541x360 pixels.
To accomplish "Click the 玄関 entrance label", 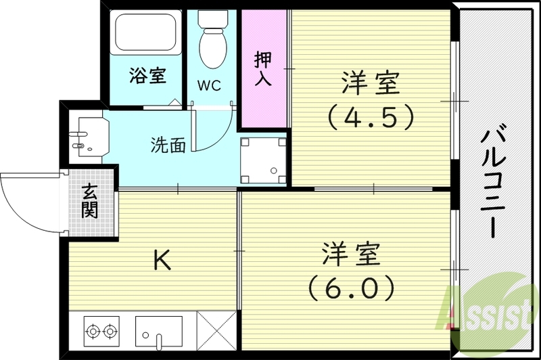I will click(91, 201).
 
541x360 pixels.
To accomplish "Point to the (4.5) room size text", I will click(370, 118).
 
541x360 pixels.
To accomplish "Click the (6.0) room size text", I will click(351, 290).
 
